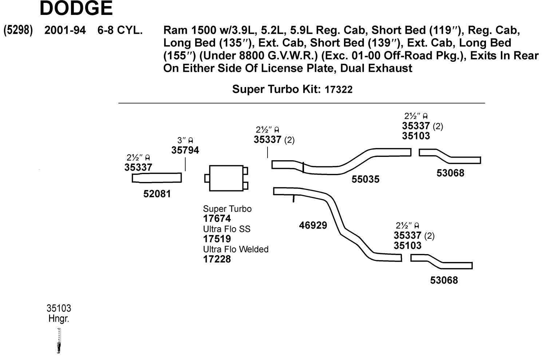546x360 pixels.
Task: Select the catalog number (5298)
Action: (18, 30)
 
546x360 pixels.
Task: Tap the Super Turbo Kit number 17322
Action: (338, 90)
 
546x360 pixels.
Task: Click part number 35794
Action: (185, 150)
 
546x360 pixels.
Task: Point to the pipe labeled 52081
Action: (157, 178)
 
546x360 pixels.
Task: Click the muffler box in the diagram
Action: (226, 178)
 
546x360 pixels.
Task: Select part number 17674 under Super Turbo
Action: (217, 218)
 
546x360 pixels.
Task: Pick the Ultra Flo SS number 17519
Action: (217, 239)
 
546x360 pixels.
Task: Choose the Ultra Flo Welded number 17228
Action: (217, 259)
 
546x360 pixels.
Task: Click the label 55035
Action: (365, 179)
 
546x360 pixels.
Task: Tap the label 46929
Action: (313, 225)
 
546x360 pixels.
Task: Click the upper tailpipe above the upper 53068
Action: (450, 156)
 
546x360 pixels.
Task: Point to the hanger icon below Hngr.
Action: (59, 341)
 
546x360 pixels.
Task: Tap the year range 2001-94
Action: (65, 30)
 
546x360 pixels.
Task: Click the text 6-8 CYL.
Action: (120, 30)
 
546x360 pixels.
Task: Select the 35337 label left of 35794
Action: (138, 167)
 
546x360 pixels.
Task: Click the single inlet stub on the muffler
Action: (207, 178)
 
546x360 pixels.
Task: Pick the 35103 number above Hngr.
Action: (59, 308)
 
